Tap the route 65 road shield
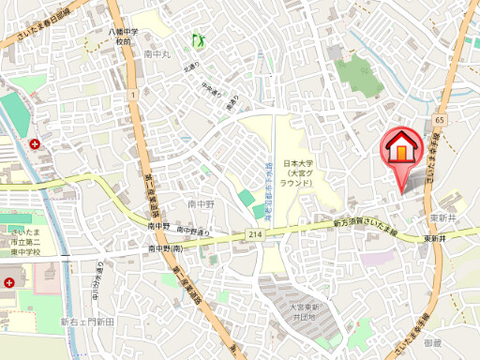pos(439,120)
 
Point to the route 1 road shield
pos(135,94)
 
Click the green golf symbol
pos(198,40)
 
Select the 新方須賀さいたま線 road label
pos(366,226)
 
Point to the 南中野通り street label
pos(193,231)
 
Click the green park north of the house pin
pos(357,75)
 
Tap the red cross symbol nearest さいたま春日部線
pos(35,144)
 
